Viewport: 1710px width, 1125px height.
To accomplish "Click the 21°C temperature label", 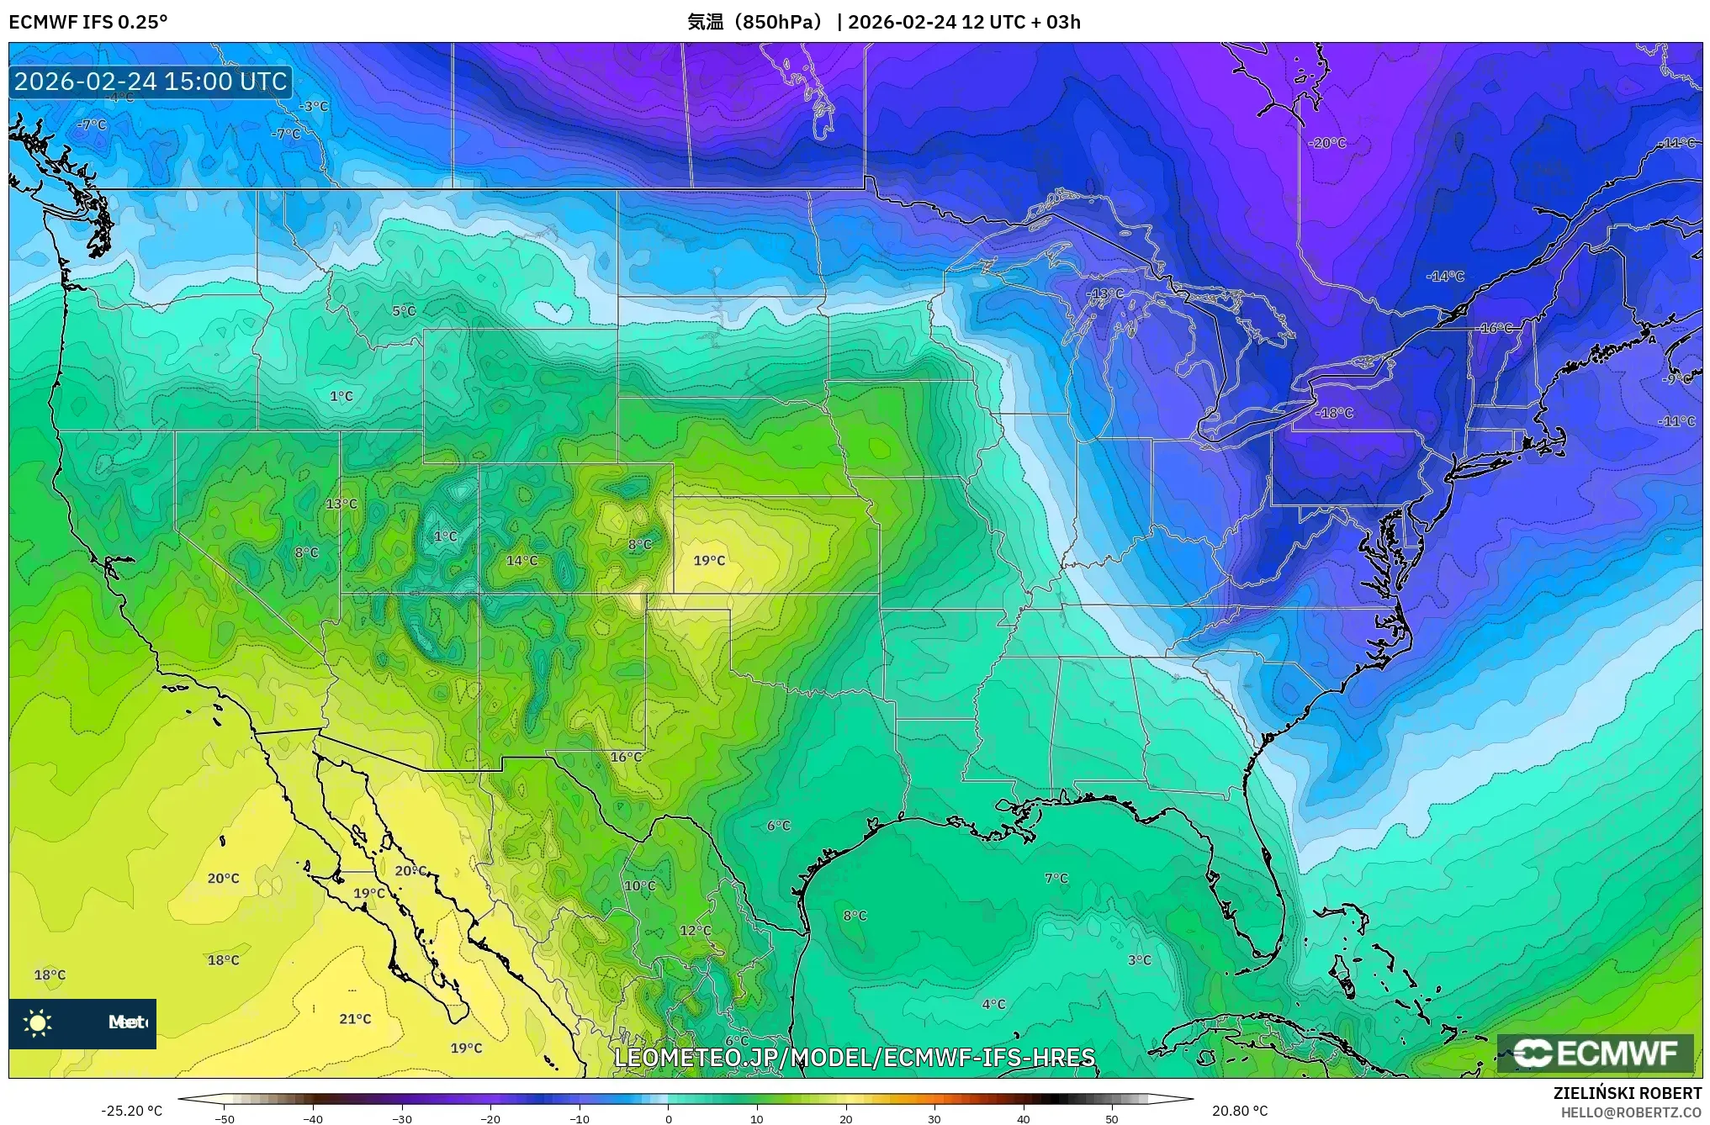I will pyautogui.click(x=355, y=1019).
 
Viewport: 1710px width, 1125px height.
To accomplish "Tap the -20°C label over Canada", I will pyautogui.click(x=1327, y=144).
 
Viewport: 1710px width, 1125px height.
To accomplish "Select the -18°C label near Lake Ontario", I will pyautogui.click(x=1334, y=413).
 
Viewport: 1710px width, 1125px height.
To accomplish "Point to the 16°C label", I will pyautogui.click(x=626, y=758).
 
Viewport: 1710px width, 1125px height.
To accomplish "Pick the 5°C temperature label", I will pyautogui.click(x=404, y=311).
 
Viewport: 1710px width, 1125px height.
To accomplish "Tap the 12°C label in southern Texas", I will pyautogui.click(x=696, y=931).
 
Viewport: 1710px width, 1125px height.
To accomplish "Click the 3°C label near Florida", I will pyautogui.click(x=1140, y=960).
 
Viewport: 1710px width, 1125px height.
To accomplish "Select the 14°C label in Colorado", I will pyautogui.click(x=521, y=561).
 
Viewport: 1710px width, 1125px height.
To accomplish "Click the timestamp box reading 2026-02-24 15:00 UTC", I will pyautogui.click(x=151, y=82).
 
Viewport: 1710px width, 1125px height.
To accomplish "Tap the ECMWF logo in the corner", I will pyautogui.click(x=1595, y=1054).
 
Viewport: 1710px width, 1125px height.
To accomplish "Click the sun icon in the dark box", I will pyautogui.click(x=38, y=1022).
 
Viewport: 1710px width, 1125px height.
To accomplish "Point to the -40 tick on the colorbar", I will pyautogui.click(x=313, y=1118).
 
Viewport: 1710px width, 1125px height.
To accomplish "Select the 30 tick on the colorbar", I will pyautogui.click(x=934, y=1118).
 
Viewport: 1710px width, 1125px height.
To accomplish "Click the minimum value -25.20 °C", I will pyautogui.click(x=131, y=1111).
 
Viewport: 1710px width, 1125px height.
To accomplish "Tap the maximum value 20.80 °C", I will pyautogui.click(x=1239, y=1111).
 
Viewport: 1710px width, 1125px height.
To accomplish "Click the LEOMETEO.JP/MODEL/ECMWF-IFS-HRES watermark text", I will pyautogui.click(x=855, y=1058).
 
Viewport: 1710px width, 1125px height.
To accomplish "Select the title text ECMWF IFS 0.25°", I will pyautogui.click(x=88, y=22).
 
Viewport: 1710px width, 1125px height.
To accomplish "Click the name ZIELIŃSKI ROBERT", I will pyautogui.click(x=1627, y=1093).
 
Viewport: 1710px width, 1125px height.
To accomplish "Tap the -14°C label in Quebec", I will pyautogui.click(x=1445, y=277).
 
